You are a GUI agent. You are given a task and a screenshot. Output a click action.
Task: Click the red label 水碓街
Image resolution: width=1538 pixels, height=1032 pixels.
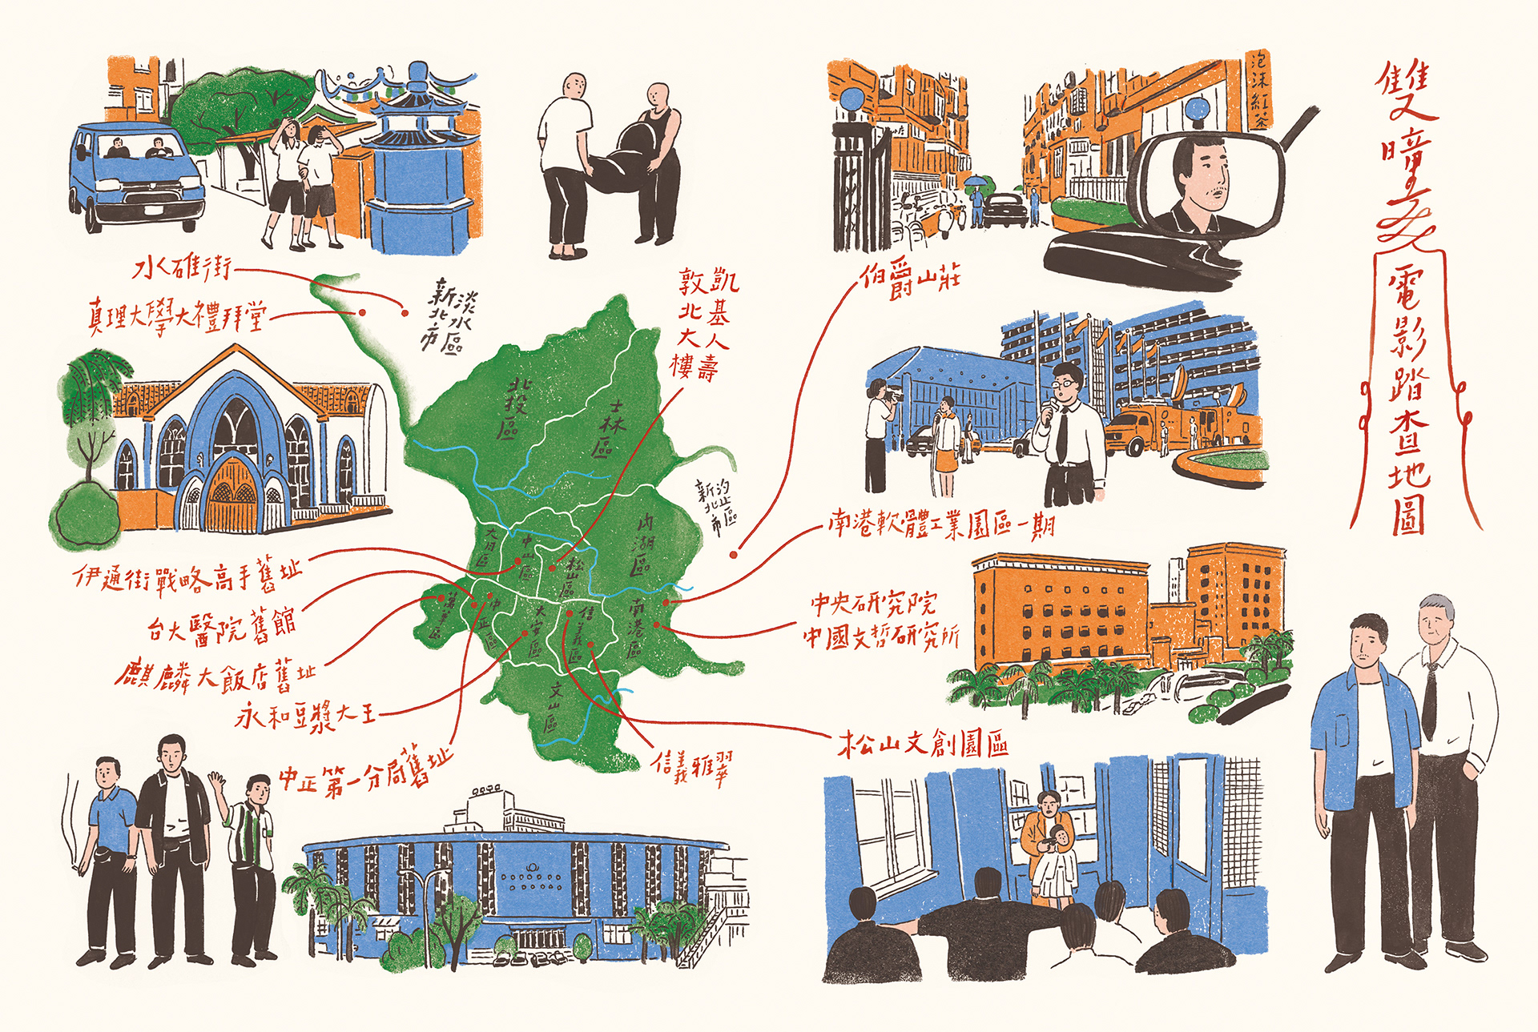183,267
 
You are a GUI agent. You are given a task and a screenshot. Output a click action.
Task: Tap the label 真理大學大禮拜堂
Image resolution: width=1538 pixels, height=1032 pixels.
176,316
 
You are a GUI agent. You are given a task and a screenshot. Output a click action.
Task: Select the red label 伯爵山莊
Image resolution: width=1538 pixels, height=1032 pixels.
911,279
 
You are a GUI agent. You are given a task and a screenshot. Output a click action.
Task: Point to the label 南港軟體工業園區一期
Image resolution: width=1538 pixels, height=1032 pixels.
942,525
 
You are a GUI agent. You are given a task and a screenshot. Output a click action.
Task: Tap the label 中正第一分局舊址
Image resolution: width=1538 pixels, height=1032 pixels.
364,772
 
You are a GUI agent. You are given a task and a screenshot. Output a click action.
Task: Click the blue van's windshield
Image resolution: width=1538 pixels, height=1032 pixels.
136,147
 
